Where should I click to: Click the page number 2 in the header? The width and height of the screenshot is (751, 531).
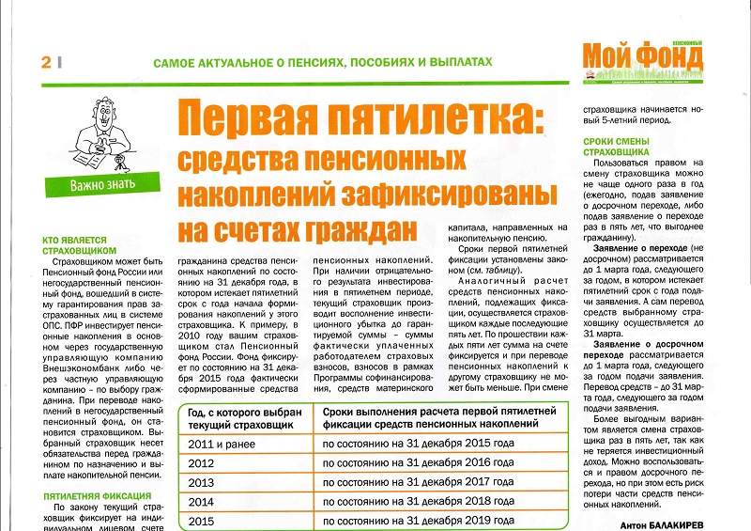click(x=43, y=62)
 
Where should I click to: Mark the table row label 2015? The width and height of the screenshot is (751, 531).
click(x=203, y=520)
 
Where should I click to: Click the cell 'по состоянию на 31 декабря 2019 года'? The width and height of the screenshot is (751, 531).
click(x=418, y=520)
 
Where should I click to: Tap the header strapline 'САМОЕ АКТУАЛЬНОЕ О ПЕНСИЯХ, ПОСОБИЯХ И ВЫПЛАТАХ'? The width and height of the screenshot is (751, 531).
click(x=323, y=62)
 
